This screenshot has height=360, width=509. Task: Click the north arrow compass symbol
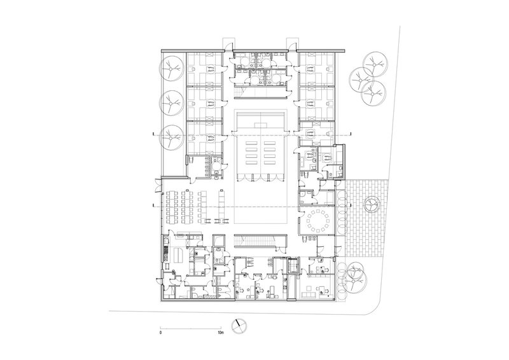click(x=239, y=326)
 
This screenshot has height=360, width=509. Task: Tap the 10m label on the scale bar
click(x=221, y=333)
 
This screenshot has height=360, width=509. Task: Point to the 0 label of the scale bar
click(x=160, y=333)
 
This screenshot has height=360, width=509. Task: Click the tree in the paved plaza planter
click(x=371, y=205)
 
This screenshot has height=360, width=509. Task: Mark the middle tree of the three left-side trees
click(x=171, y=103)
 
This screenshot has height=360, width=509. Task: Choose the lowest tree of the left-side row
click(x=171, y=137)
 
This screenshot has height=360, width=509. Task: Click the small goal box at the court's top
click(x=260, y=125)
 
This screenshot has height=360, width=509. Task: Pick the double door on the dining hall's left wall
click(x=157, y=186)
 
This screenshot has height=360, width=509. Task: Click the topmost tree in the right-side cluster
click(x=375, y=64)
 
